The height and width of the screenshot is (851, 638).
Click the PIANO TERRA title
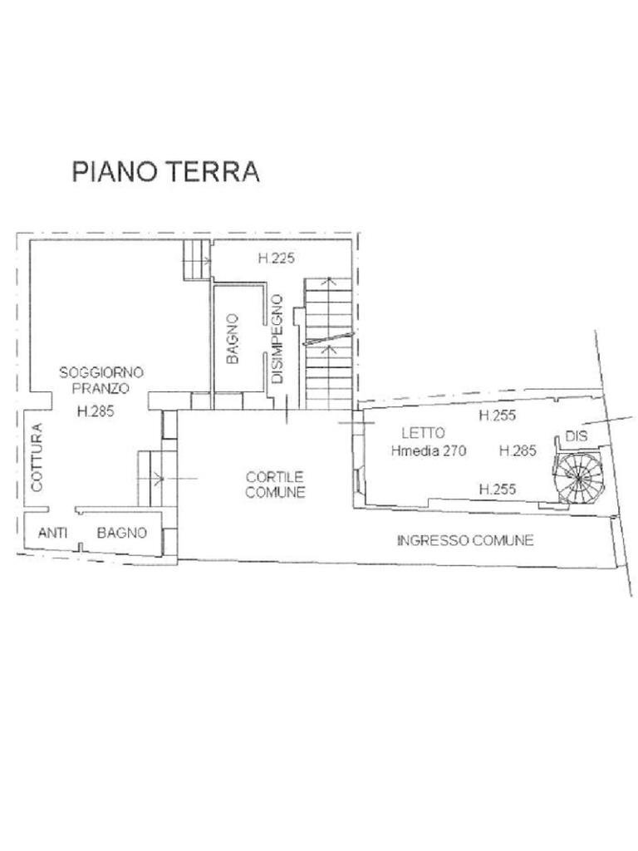166,171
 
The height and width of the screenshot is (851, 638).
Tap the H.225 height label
277,258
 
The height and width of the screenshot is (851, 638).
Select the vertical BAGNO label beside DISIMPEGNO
233,338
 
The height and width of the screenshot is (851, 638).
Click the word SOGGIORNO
101,373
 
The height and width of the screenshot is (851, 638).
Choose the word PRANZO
101,388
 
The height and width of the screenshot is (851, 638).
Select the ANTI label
52,533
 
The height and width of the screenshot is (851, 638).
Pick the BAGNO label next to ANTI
122,533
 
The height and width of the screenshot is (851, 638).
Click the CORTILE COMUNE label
276,485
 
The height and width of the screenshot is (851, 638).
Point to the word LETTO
423,433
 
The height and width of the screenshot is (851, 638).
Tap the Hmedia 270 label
428,452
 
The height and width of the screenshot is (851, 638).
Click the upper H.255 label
497,416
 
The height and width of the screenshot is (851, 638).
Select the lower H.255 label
498,489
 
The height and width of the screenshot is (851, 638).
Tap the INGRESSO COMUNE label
465,540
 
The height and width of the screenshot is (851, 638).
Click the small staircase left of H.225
197,259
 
